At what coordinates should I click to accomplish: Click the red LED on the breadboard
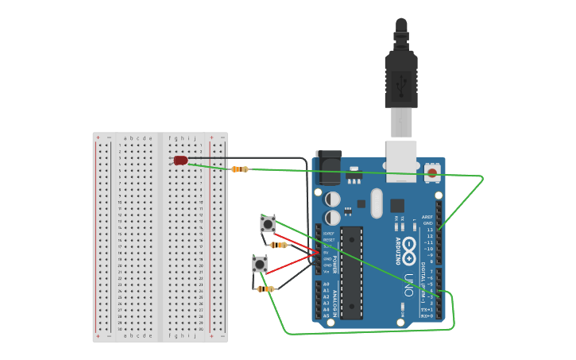click(181, 161)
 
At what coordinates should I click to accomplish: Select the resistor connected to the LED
click(239, 168)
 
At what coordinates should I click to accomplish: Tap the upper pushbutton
click(268, 225)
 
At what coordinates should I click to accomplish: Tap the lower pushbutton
click(260, 264)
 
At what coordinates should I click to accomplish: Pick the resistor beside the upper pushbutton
click(278, 245)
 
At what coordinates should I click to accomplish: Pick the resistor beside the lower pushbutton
click(265, 288)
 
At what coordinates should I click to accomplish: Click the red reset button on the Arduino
click(431, 171)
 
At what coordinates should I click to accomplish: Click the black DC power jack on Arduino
click(328, 168)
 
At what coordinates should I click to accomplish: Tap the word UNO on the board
click(409, 284)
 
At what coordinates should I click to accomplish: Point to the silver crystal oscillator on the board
click(377, 203)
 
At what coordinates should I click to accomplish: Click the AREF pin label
click(427, 217)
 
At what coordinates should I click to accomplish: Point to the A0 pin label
click(326, 284)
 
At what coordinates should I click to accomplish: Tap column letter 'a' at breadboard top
click(125, 137)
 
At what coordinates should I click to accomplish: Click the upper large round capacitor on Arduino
click(333, 199)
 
